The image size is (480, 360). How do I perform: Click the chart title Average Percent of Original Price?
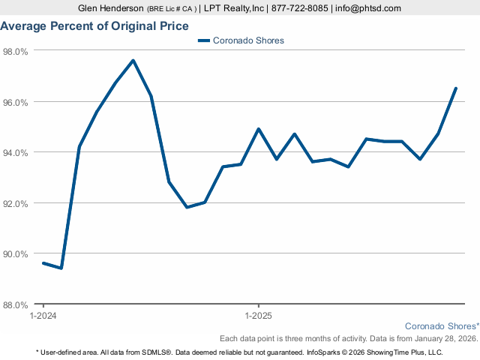point(95,25)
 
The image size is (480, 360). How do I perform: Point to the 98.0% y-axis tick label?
point(15,51)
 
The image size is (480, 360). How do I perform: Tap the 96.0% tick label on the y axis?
point(15,102)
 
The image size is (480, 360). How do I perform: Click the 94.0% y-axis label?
point(15,152)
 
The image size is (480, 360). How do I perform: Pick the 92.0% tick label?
point(15,203)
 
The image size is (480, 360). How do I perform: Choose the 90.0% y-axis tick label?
point(15,253)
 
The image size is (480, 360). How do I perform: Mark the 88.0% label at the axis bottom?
point(15,304)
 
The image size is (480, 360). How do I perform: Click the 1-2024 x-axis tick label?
point(43,316)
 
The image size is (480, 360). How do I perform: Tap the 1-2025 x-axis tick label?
point(259,316)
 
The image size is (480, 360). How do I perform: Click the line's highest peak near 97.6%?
point(133,61)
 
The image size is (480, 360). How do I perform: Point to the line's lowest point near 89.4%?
point(61,268)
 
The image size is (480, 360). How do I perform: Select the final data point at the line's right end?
point(456,88)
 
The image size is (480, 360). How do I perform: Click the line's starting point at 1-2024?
point(43,263)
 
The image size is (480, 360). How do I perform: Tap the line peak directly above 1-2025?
point(259,129)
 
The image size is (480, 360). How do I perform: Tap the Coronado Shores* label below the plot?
point(442,326)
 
